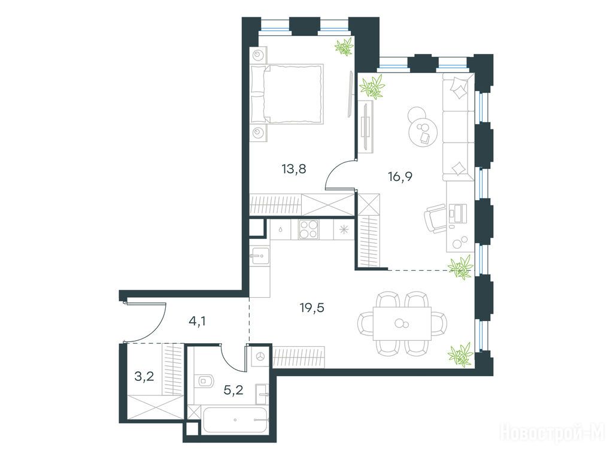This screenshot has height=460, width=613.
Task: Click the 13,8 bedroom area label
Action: [x=293, y=169]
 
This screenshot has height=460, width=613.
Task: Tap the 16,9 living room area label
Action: [x=400, y=177]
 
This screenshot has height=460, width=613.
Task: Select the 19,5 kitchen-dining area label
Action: [x=312, y=308]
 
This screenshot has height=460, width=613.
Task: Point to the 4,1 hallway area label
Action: [x=197, y=322]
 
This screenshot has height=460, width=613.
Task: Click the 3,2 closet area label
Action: [x=144, y=377]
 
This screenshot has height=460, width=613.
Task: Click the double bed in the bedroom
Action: [x=287, y=94]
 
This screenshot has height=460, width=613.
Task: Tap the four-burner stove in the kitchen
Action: [x=309, y=229]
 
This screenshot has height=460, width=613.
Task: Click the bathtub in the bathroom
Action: [x=235, y=420]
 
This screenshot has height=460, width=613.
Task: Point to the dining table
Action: [x=402, y=324]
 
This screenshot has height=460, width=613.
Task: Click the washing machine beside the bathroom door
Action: [x=260, y=356]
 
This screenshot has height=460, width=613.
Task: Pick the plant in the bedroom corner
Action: [x=344, y=47]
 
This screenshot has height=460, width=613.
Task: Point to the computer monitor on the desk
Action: [x=453, y=214]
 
